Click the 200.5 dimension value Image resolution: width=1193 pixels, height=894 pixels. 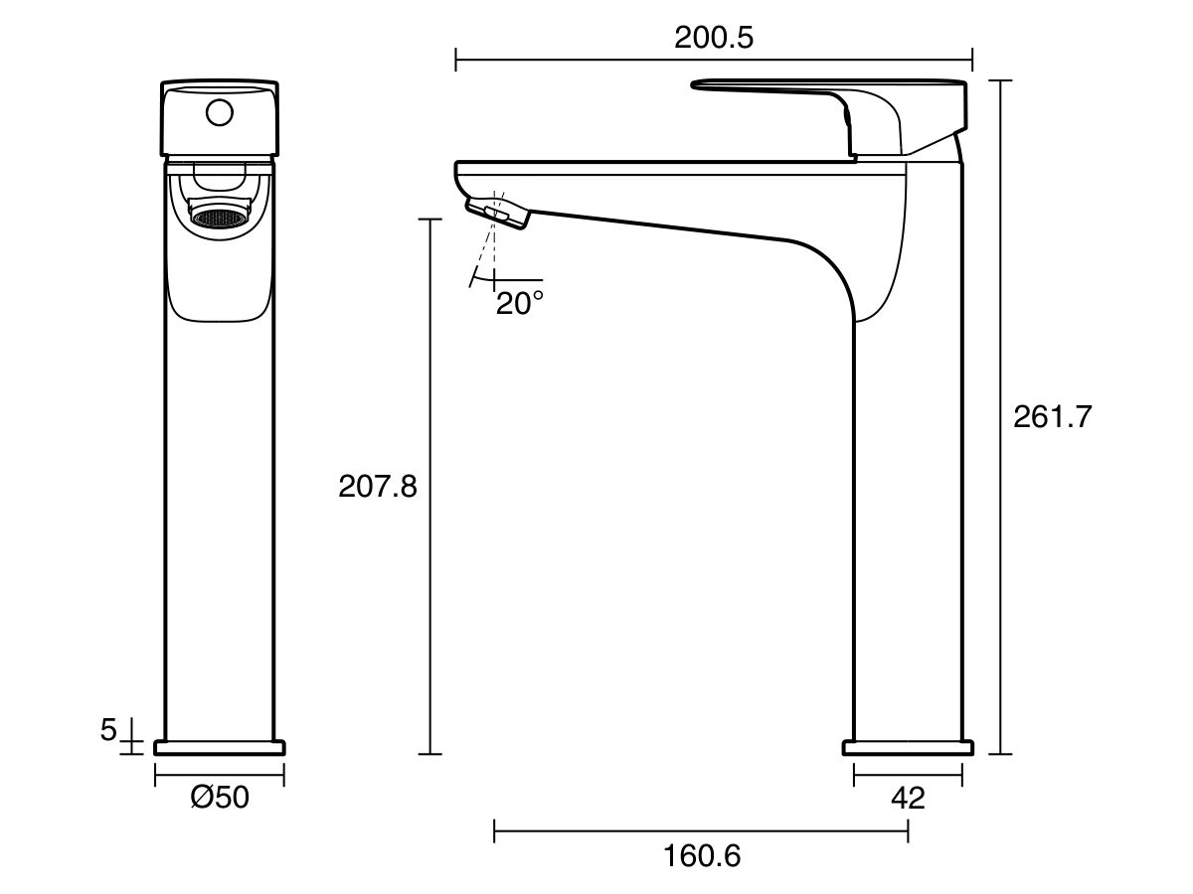714,38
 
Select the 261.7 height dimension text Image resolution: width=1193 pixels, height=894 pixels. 1052,416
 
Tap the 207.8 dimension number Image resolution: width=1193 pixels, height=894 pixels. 378,486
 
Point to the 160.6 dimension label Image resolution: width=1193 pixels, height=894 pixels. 702,855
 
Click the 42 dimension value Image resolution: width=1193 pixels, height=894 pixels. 908,797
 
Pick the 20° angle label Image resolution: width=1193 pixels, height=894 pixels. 520,302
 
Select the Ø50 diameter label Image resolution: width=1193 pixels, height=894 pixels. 220,797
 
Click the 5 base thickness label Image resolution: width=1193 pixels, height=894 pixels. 109,730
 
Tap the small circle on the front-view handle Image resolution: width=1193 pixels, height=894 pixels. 219,112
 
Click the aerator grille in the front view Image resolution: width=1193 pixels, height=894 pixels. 219,217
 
